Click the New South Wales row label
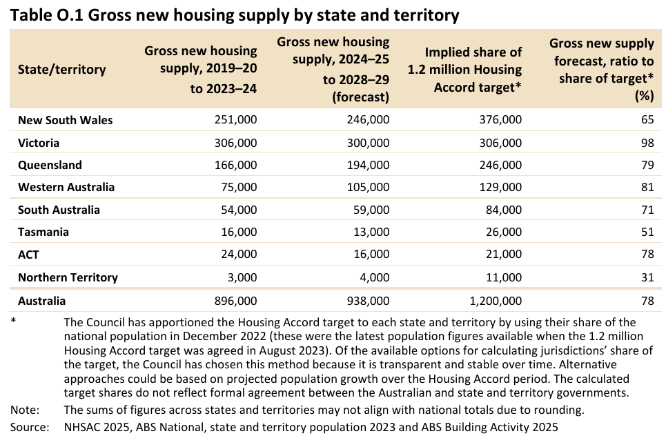pyautogui.click(x=66, y=120)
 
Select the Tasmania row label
pyautogui.click(x=43, y=232)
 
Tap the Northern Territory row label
pyautogui.click(x=68, y=277)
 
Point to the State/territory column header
pyautogui.click(x=62, y=69)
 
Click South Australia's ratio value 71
pyautogui.click(x=647, y=210)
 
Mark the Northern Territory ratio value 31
pyautogui.click(x=647, y=277)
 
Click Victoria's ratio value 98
pyautogui.click(x=647, y=143)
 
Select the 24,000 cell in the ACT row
pyautogui.click(x=239, y=255)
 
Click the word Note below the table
pyautogui.click(x=24, y=410)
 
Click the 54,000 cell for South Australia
pyautogui.click(x=239, y=210)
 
